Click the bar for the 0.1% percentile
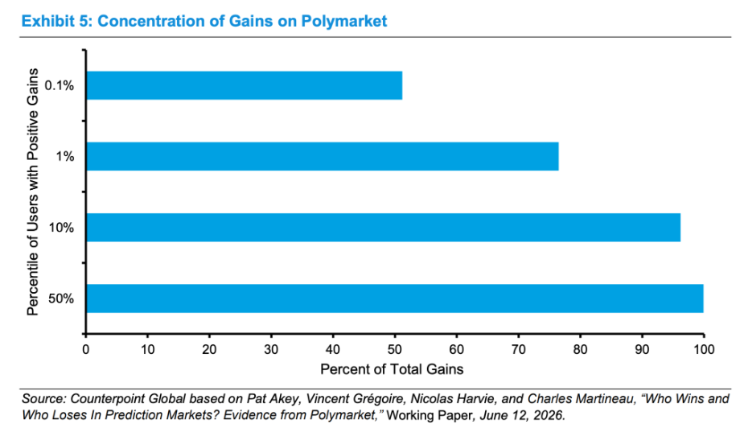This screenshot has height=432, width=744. [x=245, y=85]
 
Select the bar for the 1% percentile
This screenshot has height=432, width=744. [x=323, y=156]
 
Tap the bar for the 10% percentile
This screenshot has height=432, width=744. [x=384, y=228]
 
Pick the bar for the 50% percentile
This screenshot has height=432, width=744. [x=395, y=298]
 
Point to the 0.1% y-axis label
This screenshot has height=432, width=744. [x=60, y=85]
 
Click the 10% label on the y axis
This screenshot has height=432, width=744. [x=61, y=228]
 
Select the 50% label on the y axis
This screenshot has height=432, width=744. [x=61, y=298]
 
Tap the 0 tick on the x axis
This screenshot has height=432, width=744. [x=86, y=349]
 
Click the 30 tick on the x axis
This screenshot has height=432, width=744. [x=271, y=349]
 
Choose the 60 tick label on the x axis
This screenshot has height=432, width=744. [x=457, y=349]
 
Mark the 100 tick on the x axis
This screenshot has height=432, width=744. [x=704, y=349]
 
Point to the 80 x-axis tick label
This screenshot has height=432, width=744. [x=580, y=349]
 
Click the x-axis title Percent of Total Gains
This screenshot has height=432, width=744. [x=392, y=369]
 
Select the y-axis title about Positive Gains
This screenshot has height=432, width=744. [x=32, y=191]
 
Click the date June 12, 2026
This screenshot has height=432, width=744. [x=522, y=415]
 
